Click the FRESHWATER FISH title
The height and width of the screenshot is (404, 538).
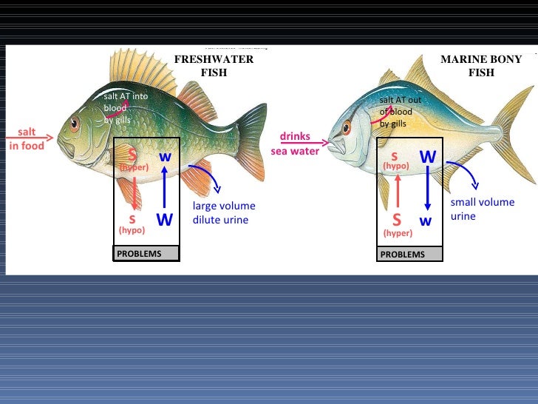click(x=214, y=66)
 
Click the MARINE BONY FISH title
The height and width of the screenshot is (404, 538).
click(x=481, y=66)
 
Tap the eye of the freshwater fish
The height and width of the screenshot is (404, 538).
click(x=74, y=124)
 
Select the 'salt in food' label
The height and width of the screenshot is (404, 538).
click(x=27, y=139)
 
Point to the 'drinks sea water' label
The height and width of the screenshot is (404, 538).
click(x=295, y=144)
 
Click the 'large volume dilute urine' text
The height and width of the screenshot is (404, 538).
click(x=224, y=213)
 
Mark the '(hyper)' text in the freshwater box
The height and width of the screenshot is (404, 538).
click(x=134, y=168)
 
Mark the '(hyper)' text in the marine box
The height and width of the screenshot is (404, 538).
click(x=397, y=232)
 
